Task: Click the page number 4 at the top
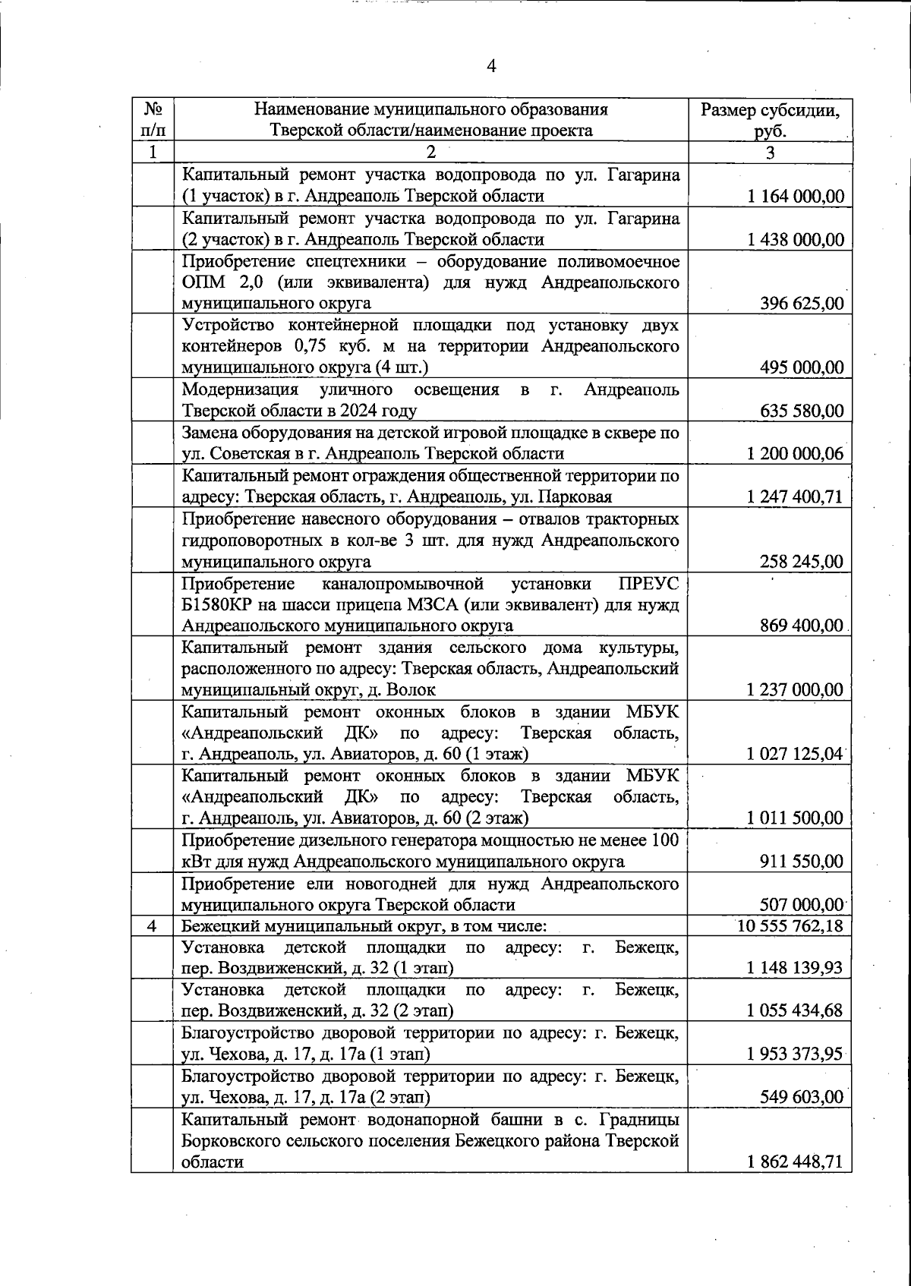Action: click(x=491, y=67)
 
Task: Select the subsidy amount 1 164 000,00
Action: click(x=795, y=197)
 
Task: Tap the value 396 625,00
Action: click(x=802, y=304)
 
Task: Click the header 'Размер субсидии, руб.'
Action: click(x=770, y=120)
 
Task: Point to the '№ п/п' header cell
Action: click(x=152, y=120)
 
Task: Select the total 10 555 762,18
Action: click(x=790, y=926)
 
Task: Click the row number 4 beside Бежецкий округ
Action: click(x=152, y=926)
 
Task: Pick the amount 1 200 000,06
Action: click(x=795, y=454)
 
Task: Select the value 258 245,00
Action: click(x=802, y=562)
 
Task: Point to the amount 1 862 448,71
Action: click(x=795, y=1182)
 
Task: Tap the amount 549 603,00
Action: click(x=802, y=1097)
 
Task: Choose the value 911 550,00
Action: click(x=802, y=862)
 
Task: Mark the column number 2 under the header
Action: click(x=430, y=152)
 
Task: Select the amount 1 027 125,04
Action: click(x=795, y=754)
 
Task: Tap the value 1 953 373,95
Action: click(x=795, y=1054)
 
